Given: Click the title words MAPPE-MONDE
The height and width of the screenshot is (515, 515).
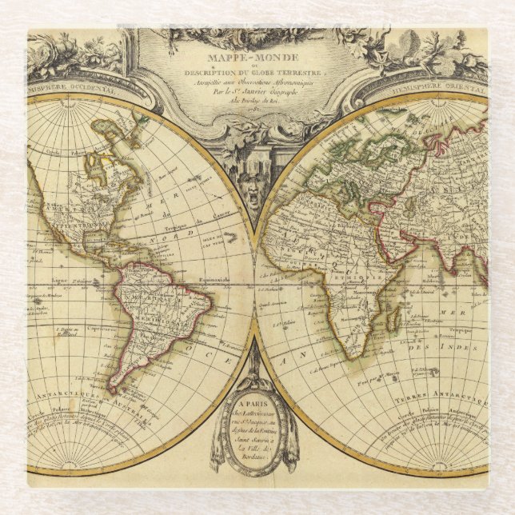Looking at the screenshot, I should click(x=257, y=58).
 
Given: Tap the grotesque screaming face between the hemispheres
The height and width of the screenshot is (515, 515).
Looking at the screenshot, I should click(x=254, y=194).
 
